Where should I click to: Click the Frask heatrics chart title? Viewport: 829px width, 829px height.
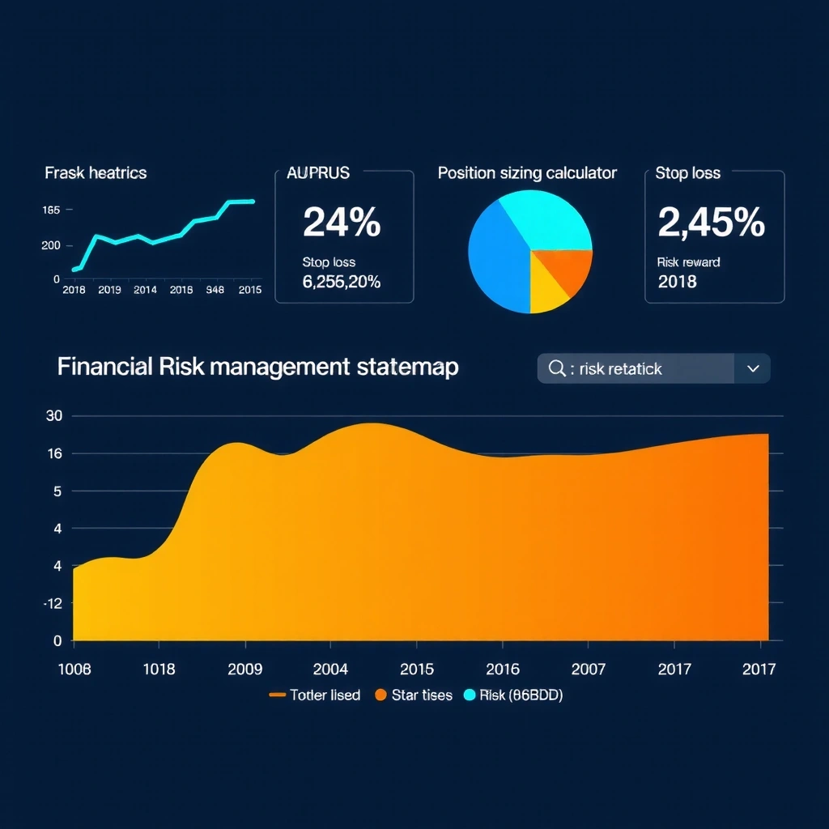[96, 173]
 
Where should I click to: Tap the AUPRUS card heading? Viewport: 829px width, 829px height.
[318, 173]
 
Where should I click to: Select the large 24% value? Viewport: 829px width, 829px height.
[341, 223]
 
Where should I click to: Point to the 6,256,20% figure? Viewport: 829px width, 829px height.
[341, 282]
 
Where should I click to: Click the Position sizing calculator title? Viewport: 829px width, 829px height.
[527, 173]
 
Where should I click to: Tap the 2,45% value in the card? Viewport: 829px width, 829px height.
[711, 223]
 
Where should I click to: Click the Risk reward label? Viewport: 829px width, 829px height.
[688, 262]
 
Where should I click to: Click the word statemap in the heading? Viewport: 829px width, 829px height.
[406, 367]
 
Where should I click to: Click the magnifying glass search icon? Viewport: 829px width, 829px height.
[557, 368]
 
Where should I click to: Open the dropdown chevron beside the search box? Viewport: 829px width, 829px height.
[753, 368]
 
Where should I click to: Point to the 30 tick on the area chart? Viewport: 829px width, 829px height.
[55, 416]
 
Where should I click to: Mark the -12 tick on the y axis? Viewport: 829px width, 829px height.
[53, 603]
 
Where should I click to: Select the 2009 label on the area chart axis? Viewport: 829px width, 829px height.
[244, 670]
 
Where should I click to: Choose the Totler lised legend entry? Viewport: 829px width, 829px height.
[315, 695]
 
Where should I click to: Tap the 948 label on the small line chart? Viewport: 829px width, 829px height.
[215, 291]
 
